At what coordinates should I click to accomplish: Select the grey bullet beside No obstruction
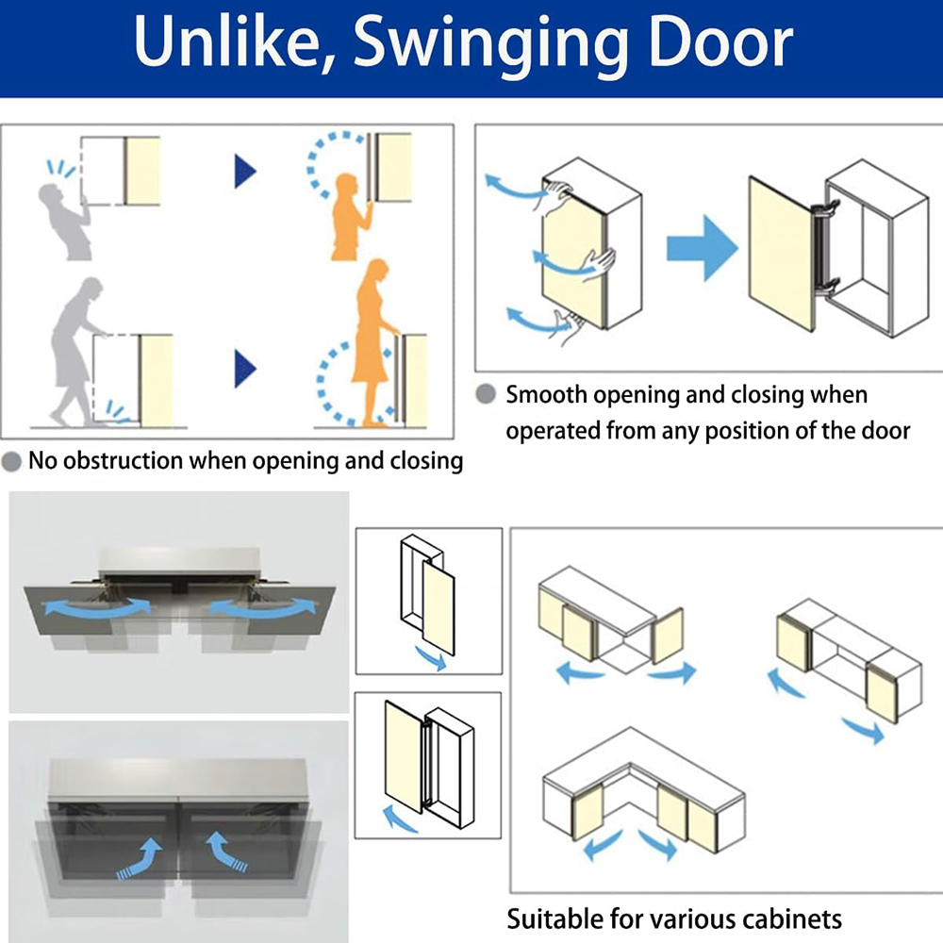[12, 461]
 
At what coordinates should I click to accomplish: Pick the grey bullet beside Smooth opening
[486, 394]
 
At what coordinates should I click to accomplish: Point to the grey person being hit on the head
[66, 221]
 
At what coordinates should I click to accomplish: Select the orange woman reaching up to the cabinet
[351, 217]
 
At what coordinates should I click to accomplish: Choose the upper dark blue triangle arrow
[245, 172]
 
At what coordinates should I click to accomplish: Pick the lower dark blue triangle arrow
[245, 368]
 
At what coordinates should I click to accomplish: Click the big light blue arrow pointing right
[702, 248]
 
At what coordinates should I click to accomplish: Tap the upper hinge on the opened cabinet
[825, 209]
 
